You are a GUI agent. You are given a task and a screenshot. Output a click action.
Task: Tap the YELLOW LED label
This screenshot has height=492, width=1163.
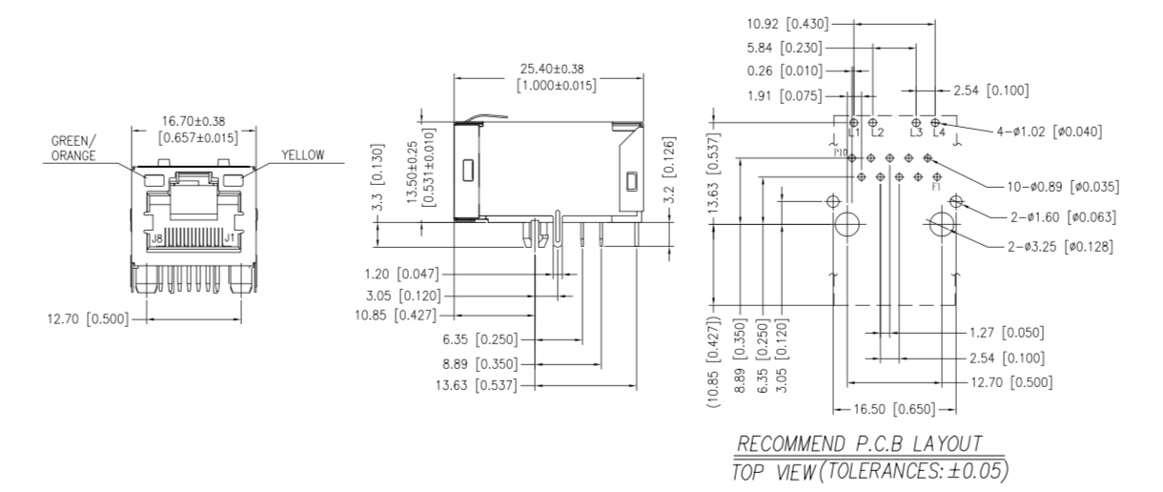[302, 155]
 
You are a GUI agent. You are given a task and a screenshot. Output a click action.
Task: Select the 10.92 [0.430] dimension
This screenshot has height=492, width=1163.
[788, 22]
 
